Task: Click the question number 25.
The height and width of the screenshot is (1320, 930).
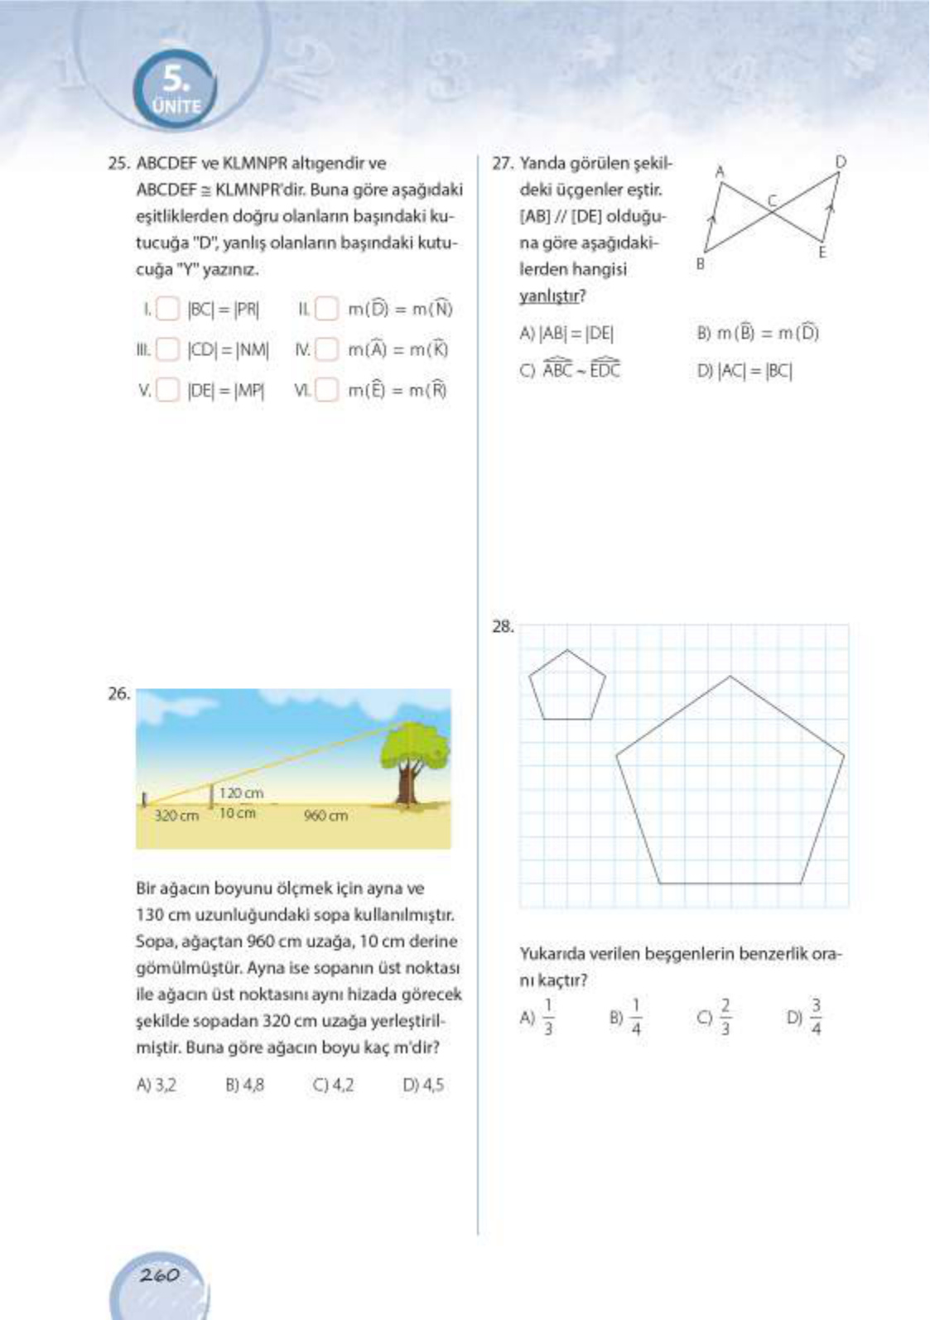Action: (118, 164)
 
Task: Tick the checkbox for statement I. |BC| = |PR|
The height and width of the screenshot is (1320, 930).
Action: (167, 310)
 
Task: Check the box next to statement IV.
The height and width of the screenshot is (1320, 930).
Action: (327, 349)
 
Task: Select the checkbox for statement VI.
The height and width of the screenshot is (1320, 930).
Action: (327, 389)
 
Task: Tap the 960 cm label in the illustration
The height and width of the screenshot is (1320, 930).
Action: (325, 816)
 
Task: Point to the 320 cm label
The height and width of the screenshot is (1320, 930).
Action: (176, 816)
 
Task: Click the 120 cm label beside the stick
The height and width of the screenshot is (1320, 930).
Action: (241, 793)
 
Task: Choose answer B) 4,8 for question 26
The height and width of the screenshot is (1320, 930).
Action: (244, 1085)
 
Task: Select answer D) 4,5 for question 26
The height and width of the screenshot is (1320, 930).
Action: (423, 1085)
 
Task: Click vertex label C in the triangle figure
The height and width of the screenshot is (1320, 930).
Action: (772, 200)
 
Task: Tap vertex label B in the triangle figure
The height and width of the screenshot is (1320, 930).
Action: (701, 264)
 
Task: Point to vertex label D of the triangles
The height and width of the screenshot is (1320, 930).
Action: (841, 161)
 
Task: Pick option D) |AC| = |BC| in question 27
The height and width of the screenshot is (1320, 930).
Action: (744, 372)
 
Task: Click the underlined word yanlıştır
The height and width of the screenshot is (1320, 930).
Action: (552, 296)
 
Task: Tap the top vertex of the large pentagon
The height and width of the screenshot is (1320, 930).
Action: (730, 677)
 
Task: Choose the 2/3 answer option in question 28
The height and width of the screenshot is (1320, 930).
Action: (716, 1017)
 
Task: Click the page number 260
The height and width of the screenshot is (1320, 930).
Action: (159, 1275)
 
